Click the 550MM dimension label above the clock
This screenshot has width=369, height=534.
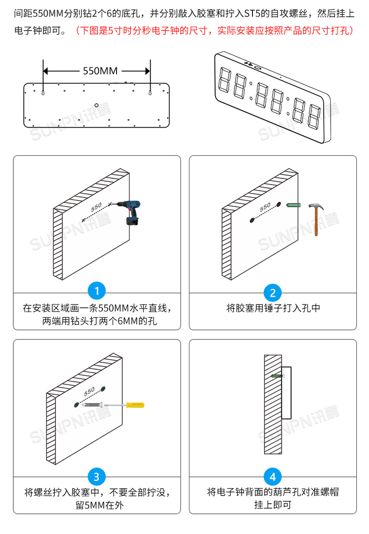[x=97, y=70]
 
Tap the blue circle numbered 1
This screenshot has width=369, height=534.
[x=96, y=291]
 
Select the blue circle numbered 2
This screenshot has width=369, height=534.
[x=273, y=293]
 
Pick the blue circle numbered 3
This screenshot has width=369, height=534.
[x=96, y=476]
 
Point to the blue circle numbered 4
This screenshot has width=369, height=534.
[x=273, y=476]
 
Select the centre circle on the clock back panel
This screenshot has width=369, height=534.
[x=97, y=104]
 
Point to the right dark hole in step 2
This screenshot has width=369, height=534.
[x=278, y=203]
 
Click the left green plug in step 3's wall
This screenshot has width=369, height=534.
[x=75, y=404]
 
